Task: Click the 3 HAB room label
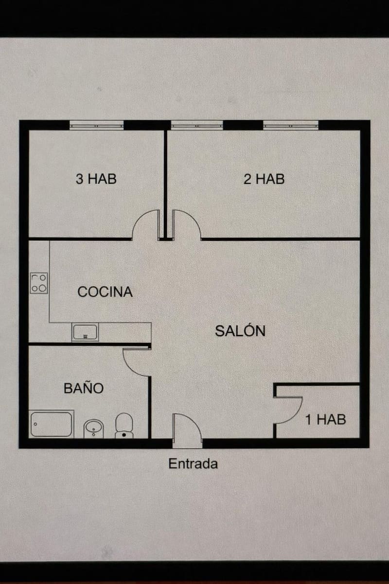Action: tap(96, 179)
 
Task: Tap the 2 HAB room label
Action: tap(264, 179)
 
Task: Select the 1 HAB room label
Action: tap(325, 419)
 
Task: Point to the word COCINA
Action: tap(105, 292)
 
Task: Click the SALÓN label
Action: tap(240, 331)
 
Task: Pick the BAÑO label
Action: tap(84, 388)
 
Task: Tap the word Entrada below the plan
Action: tap(193, 464)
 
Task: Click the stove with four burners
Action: tap(39, 283)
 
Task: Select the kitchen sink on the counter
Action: tap(85, 332)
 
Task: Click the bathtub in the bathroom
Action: tap(51, 424)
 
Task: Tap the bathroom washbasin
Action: tap(93, 429)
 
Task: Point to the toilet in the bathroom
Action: tap(124, 425)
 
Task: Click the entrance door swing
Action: tap(186, 429)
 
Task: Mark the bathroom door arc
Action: tap(136, 362)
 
